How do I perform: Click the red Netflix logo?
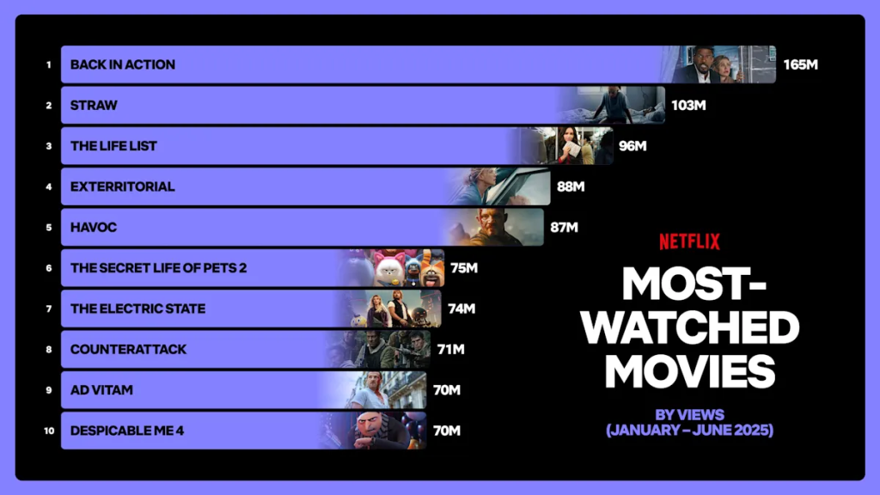[x=689, y=242]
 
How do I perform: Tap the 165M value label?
[x=800, y=64]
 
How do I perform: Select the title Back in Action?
[x=123, y=64]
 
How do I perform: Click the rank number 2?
[x=49, y=106]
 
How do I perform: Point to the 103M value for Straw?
[x=688, y=106]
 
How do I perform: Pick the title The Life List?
[x=113, y=146]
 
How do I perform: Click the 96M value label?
[x=632, y=146]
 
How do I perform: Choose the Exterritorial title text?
[x=122, y=186]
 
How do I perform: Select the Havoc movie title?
[x=94, y=228]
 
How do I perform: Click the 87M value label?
[x=564, y=228]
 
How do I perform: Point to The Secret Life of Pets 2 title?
[x=158, y=268]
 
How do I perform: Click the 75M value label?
[x=464, y=268]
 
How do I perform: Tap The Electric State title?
[x=137, y=309]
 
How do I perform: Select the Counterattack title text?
[x=128, y=350]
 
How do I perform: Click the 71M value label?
[x=450, y=350]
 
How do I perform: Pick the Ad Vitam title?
[x=101, y=390]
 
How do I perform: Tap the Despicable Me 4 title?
[x=127, y=431]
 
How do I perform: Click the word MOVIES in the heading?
[x=690, y=370]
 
